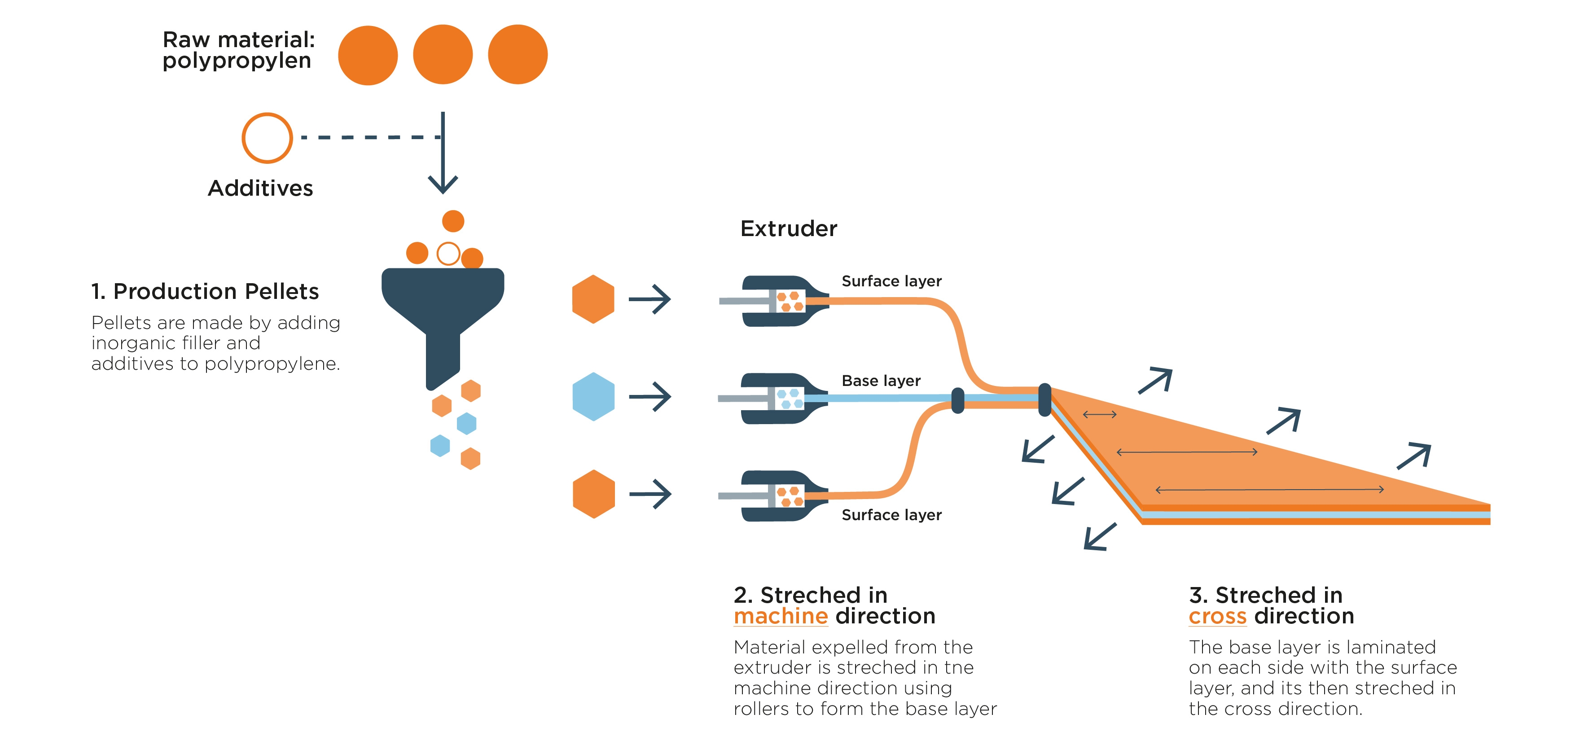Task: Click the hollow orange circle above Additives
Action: pyautogui.click(x=267, y=138)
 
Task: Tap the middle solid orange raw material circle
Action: pyautogui.click(x=443, y=54)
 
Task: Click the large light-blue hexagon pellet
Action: pyautogui.click(x=593, y=396)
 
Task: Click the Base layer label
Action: pyautogui.click(x=881, y=381)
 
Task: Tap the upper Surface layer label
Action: pyautogui.click(x=891, y=281)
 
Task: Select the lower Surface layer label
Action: pyautogui.click(x=891, y=515)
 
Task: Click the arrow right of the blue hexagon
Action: pyautogui.click(x=650, y=396)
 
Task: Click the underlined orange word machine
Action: pyautogui.click(x=780, y=616)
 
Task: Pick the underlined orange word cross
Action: pyautogui.click(x=1217, y=616)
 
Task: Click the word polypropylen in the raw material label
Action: pyautogui.click(x=237, y=61)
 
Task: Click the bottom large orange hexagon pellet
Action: pyautogui.click(x=593, y=494)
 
